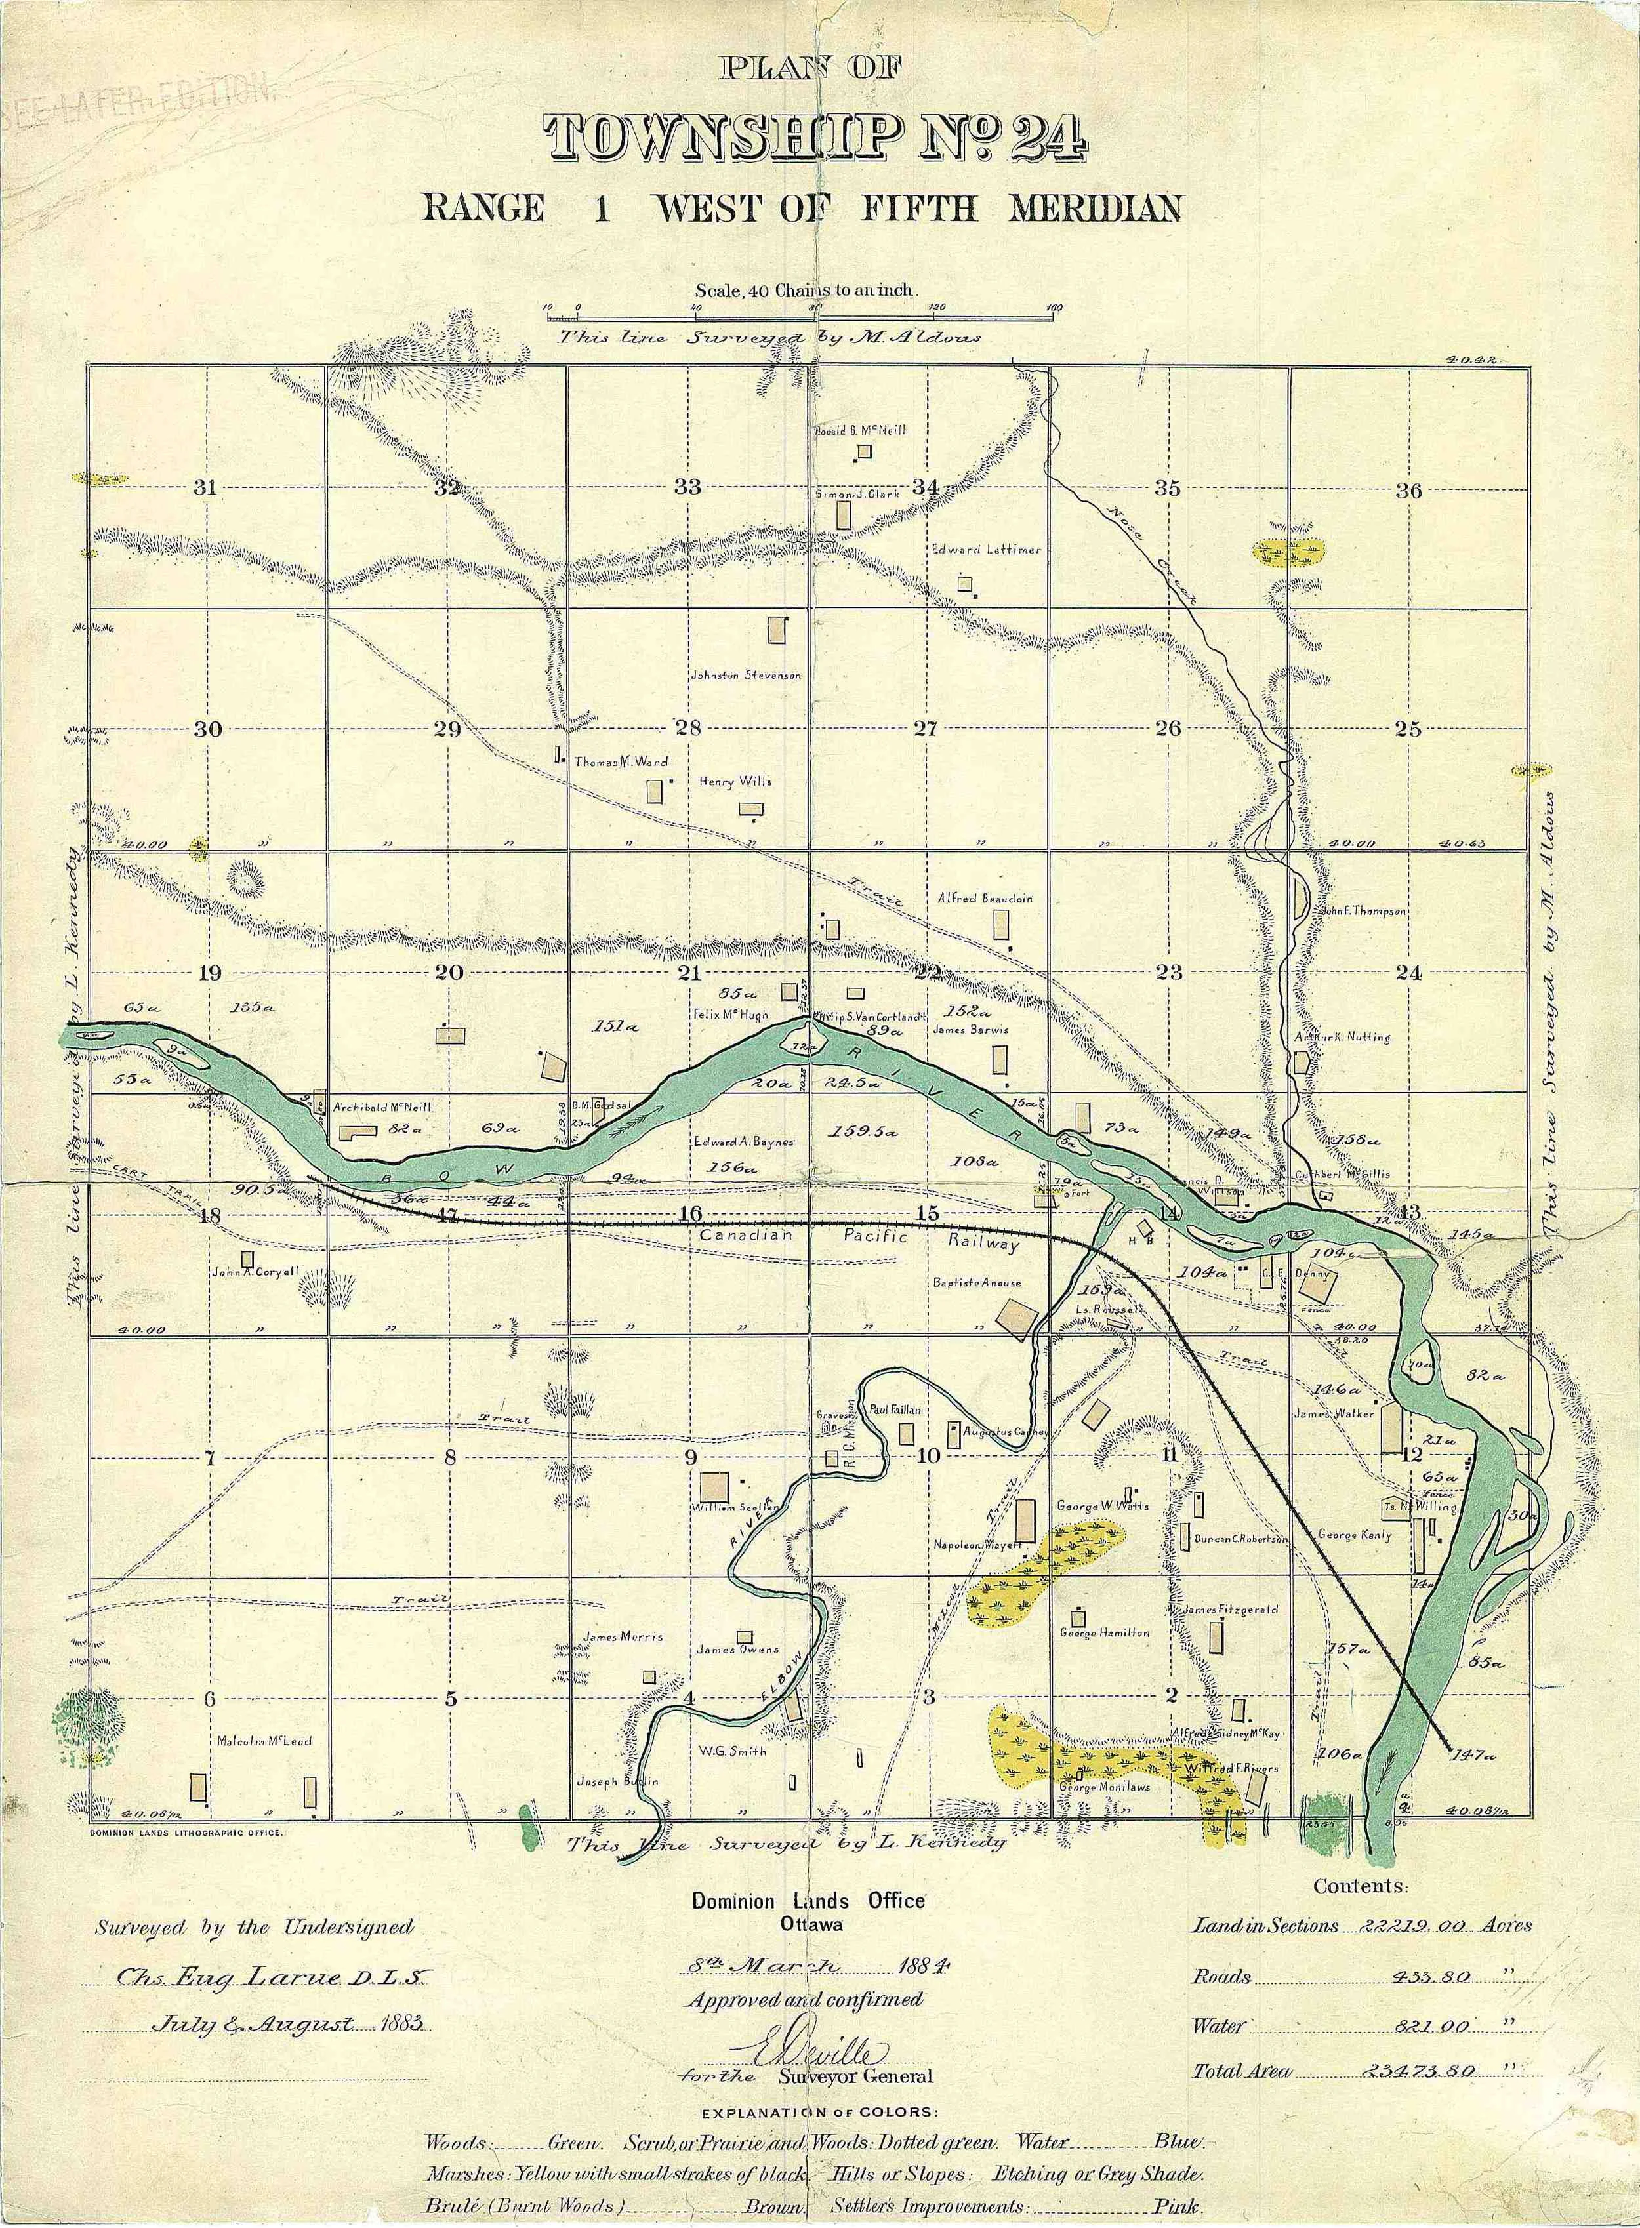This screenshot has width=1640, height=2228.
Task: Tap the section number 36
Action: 1408,490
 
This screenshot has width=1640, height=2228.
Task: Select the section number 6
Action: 209,1698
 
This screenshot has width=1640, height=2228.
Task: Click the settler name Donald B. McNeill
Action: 860,431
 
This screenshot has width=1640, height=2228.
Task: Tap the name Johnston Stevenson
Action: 746,675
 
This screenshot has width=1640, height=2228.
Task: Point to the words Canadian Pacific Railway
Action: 859,1238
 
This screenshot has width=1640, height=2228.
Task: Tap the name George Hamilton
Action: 1105,1632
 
